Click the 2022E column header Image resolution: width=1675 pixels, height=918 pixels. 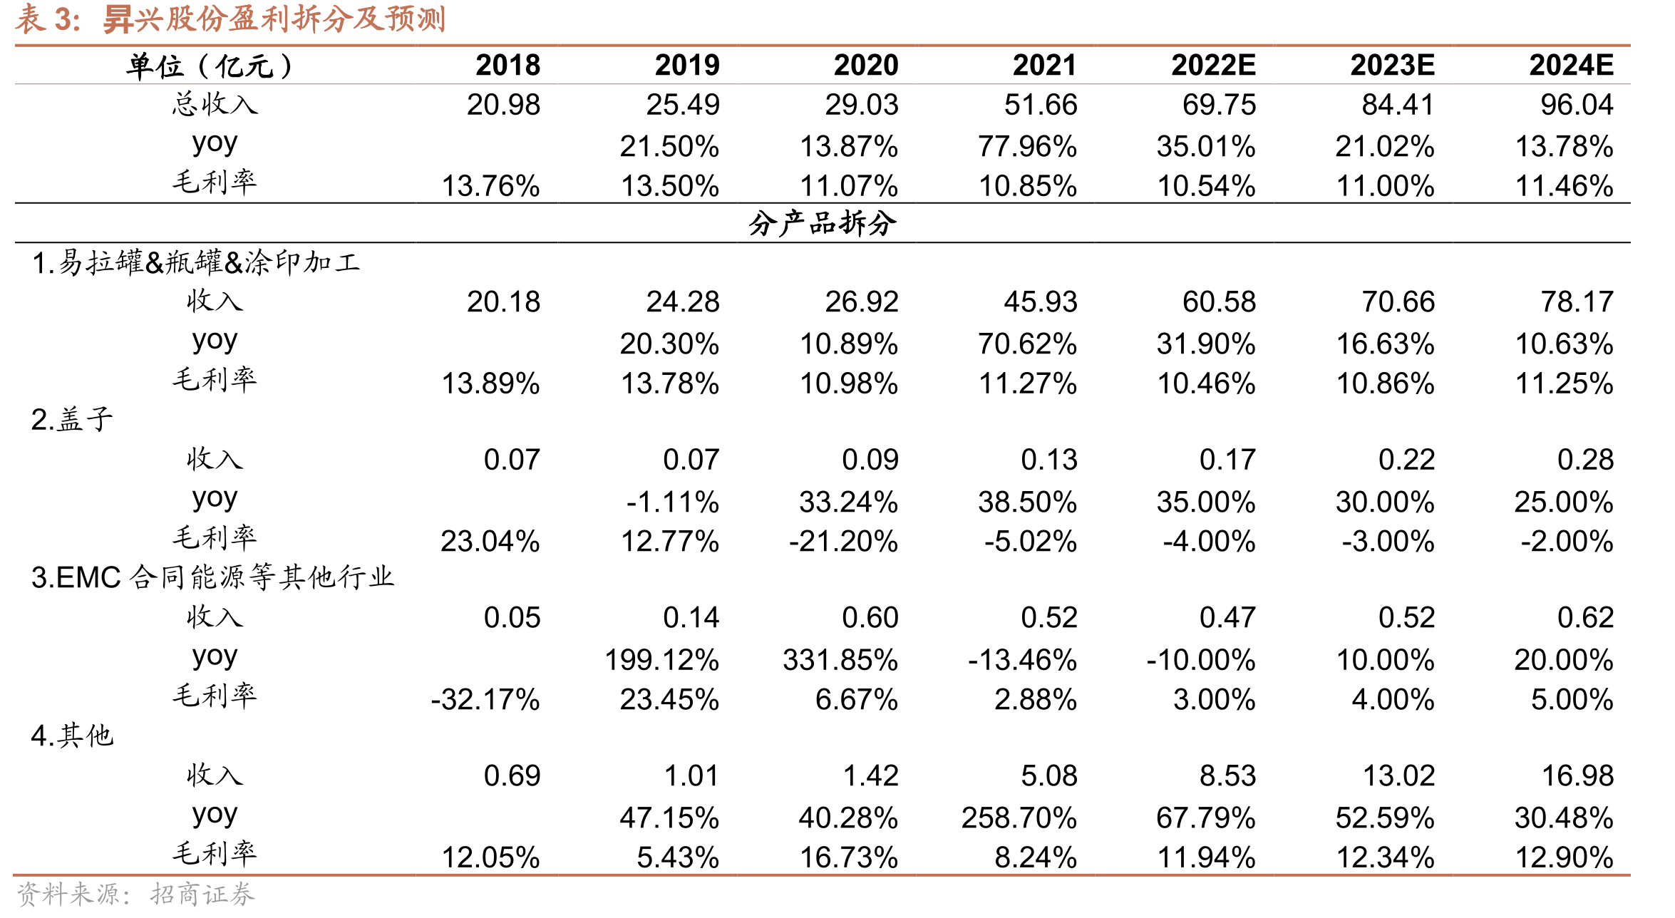(1213, 66)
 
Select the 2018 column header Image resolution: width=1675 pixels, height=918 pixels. (508, 66)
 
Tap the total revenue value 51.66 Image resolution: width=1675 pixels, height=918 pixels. (1041, 105)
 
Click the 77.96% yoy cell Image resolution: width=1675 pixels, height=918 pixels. (1027, 147)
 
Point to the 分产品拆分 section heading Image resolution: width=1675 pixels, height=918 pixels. (823, 224)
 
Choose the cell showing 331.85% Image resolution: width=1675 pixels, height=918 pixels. (840, 660)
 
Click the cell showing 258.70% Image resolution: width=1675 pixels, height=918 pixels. (1019, 818)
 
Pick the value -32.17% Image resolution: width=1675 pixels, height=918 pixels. (485, 700)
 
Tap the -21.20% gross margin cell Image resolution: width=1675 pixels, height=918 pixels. (843, 542)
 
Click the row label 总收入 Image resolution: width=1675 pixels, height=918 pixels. (215, 104)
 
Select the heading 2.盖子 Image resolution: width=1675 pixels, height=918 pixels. (72, 420)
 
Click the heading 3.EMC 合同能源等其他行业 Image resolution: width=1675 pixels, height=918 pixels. (212, 578)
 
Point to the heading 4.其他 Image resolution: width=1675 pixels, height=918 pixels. (72, 736)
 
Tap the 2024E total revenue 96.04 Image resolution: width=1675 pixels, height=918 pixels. (1577, 105)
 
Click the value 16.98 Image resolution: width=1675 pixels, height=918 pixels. (1577, 776)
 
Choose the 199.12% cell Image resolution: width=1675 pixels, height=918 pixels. (662, 660)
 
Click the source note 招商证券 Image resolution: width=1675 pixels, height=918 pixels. (202, 894)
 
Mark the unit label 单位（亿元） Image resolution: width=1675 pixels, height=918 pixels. (210, 66)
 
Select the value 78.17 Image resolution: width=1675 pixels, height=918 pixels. (1577, 302)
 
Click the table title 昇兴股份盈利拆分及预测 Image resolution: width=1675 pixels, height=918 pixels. (274, 19)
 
